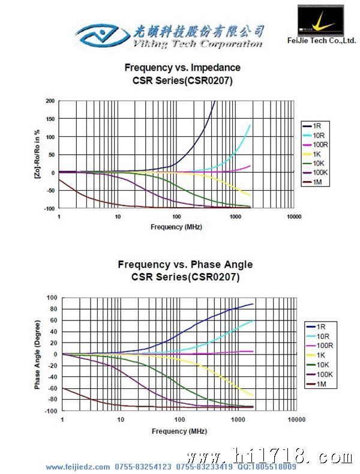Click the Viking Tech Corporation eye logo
click(x=102, y=35)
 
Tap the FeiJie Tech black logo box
click(x=322, y=20)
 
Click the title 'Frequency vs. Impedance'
click(x=182, y=67)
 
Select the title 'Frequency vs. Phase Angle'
click(x=185, y=265)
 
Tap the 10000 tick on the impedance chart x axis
click(x=293, y=217)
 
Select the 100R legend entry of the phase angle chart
click(x=324, y=345)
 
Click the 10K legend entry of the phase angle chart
click(x=323, y=364)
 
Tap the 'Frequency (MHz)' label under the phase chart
click(x=177, y=431)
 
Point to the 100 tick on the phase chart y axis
click(x=52, y=298)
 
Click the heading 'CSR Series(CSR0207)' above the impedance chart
click(x=182, y=80)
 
